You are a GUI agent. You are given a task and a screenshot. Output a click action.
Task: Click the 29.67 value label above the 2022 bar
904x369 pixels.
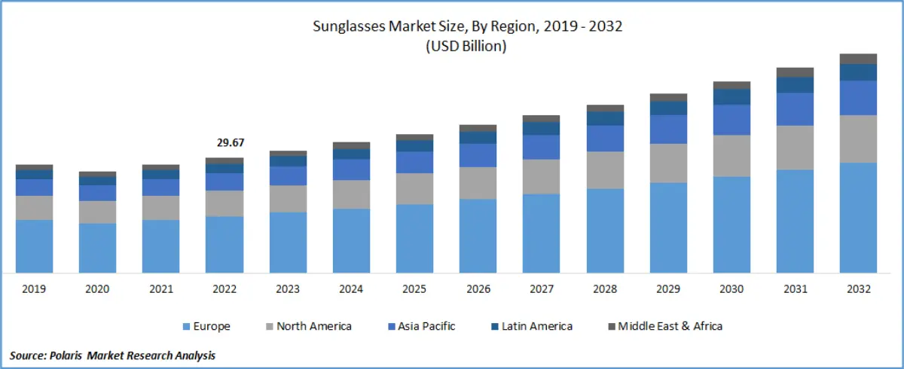coord(224,143)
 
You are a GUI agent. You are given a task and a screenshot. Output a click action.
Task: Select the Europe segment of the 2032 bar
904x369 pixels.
coord(858,218)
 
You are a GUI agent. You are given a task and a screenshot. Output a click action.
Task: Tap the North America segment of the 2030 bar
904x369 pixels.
coord(731,156)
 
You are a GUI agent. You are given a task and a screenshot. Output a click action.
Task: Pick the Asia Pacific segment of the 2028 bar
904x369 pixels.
coord(605,138)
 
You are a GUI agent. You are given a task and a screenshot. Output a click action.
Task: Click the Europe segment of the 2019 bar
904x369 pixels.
coord(34,246)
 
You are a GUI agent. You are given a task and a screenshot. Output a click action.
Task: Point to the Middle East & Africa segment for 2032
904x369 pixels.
coord(858,59)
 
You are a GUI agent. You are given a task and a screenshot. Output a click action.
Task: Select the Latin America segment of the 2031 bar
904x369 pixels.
coord(795,84)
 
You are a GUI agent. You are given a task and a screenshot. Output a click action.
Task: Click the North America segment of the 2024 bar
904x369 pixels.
coord(351,194)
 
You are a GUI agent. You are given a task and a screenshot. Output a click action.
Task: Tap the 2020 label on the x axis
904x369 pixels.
coord(97,289)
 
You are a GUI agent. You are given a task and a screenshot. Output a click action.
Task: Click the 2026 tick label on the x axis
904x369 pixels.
coord(478,289)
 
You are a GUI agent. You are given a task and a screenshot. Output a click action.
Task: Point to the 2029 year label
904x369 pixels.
coord(668,289)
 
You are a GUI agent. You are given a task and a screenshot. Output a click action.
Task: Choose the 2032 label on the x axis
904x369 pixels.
coord(858,289)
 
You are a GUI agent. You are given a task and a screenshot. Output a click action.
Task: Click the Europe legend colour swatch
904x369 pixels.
coord(185,327)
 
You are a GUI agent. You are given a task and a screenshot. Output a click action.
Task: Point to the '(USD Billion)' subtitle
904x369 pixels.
coord(467,46)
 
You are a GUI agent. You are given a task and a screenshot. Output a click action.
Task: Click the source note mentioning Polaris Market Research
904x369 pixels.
coord(113,355)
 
